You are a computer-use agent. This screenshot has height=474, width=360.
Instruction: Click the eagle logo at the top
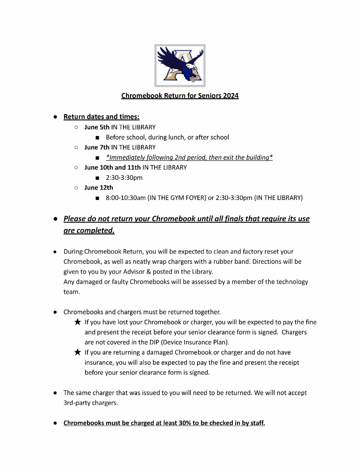click(x=180, y=65)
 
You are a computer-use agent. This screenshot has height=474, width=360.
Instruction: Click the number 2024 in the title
click(x=230, y=96)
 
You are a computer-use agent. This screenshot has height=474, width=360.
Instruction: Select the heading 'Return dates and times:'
click(x=101, y=116)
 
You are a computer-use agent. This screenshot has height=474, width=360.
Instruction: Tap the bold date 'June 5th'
click(x=97, y=127)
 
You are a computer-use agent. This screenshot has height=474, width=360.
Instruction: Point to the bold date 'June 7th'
click(x=97, y=147)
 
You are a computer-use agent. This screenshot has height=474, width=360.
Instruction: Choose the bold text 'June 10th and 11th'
click(x=112, y=167)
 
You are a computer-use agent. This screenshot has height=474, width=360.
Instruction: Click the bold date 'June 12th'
click(x=99, y=188)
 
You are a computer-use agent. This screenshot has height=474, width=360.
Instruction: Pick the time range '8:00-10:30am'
click(x=126, y=198)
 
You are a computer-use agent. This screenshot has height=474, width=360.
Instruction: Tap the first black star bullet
click(x=77, y=322)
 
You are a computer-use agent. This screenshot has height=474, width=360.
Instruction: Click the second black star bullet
click(x=77, y=352)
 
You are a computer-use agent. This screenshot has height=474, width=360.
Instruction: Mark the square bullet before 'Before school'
click(x=97, y=137)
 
